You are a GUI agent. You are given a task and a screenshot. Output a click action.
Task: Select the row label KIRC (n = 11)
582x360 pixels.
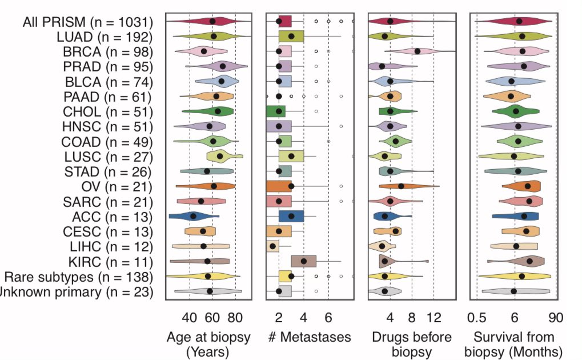pyautogui.click(x=105, y=262)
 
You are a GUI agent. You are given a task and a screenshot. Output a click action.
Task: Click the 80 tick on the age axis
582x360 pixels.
pyautogui.click(x=236, y=317)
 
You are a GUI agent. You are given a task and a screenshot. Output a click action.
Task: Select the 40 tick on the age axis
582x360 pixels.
pyautogui.click(x=190, y=317)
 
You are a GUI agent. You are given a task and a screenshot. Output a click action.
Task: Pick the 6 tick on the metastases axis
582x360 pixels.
pyautogui.click(x=328, y=317)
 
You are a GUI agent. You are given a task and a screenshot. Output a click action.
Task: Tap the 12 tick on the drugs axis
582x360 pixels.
pyautogui.click(x=434, y=317)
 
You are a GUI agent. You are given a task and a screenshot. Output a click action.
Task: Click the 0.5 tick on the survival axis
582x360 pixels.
pyautogui.click(x=476, y=317)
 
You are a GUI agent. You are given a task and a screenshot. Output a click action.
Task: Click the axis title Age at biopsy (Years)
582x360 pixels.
pyautogui.click(x=208, y=344)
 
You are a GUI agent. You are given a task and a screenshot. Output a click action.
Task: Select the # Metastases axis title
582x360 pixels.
pyautogui.click(x=309, y=337)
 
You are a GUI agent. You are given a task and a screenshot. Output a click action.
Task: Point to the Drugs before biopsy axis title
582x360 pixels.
pyautogui.click(x=411, y=344)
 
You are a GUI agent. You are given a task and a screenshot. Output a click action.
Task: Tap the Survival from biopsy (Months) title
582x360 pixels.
pyautogui.click(x=513, y=344)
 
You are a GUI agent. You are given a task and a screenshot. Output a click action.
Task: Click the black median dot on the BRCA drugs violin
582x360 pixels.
pyautogui.click(x=417, y=51)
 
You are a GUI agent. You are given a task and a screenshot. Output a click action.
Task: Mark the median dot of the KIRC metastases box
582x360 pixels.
pyautogui.click(x=304, y=261)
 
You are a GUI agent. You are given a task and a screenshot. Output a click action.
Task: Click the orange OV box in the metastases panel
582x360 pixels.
pyautogui.click(x=279, y=186)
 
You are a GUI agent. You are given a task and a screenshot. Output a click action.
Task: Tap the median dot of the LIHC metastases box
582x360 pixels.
pyautogui.click(x=272, y=246)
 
